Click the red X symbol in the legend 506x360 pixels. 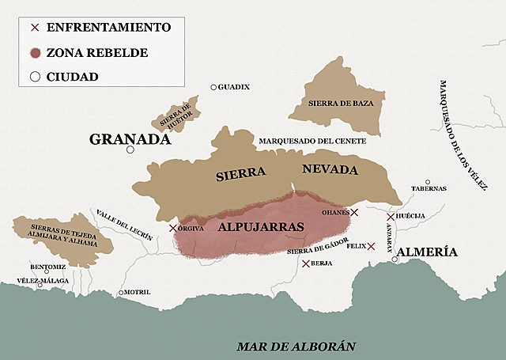34,28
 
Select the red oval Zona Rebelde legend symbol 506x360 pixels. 34,53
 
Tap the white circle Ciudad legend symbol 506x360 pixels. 34,77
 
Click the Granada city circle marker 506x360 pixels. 131,150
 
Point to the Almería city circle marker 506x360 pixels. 395,257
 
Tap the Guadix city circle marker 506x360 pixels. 213,87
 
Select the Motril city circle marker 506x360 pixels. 120,293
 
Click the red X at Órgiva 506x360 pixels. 173,229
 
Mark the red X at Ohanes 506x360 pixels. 354,212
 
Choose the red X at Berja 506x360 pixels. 306,263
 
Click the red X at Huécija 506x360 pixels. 391,216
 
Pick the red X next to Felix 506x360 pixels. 371,246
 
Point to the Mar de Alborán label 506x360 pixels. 296,346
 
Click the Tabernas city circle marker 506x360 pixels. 428,182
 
